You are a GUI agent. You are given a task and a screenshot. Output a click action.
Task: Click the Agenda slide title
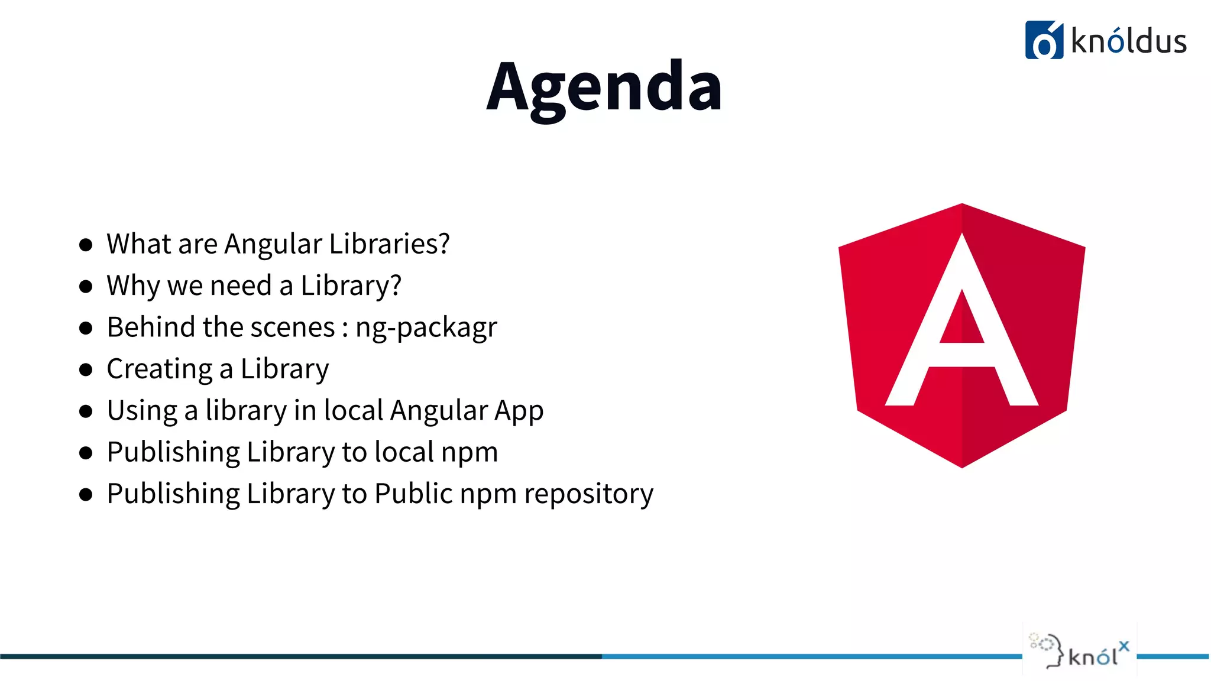pos(604,87)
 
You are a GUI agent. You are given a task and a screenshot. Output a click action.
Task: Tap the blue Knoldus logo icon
pos(1044,40)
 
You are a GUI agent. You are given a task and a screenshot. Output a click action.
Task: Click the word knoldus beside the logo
pos(1129,42)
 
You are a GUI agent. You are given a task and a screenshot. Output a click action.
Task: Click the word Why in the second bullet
pos(133,286)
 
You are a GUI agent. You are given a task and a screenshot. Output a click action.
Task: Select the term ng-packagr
pos(426,328)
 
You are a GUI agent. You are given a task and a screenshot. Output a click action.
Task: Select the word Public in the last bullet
pos(413,494)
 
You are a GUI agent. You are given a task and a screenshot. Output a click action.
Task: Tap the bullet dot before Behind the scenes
pos(86,329)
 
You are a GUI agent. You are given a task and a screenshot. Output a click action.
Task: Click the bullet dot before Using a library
pos(86,411)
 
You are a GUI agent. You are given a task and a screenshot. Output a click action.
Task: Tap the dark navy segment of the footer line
pos(296,656)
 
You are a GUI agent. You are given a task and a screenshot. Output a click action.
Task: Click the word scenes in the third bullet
pos(302,327)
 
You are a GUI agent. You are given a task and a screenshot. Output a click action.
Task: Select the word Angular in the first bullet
pos(273,244)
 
